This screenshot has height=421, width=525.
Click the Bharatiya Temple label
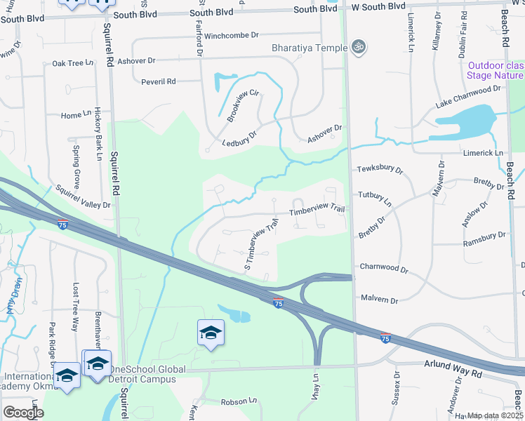tap(310, 48)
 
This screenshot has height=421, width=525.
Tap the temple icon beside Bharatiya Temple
tap(359, 46)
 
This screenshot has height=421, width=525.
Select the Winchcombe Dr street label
tap(232, 34)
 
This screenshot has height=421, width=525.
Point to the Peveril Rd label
tap(159, 82)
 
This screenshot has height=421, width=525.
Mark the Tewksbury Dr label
tap(380, 170)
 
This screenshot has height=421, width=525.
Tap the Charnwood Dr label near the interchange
tap(384, 268)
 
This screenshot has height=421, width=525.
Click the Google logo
tap(22, 413)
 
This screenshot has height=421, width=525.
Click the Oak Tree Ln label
tap(73, 63)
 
